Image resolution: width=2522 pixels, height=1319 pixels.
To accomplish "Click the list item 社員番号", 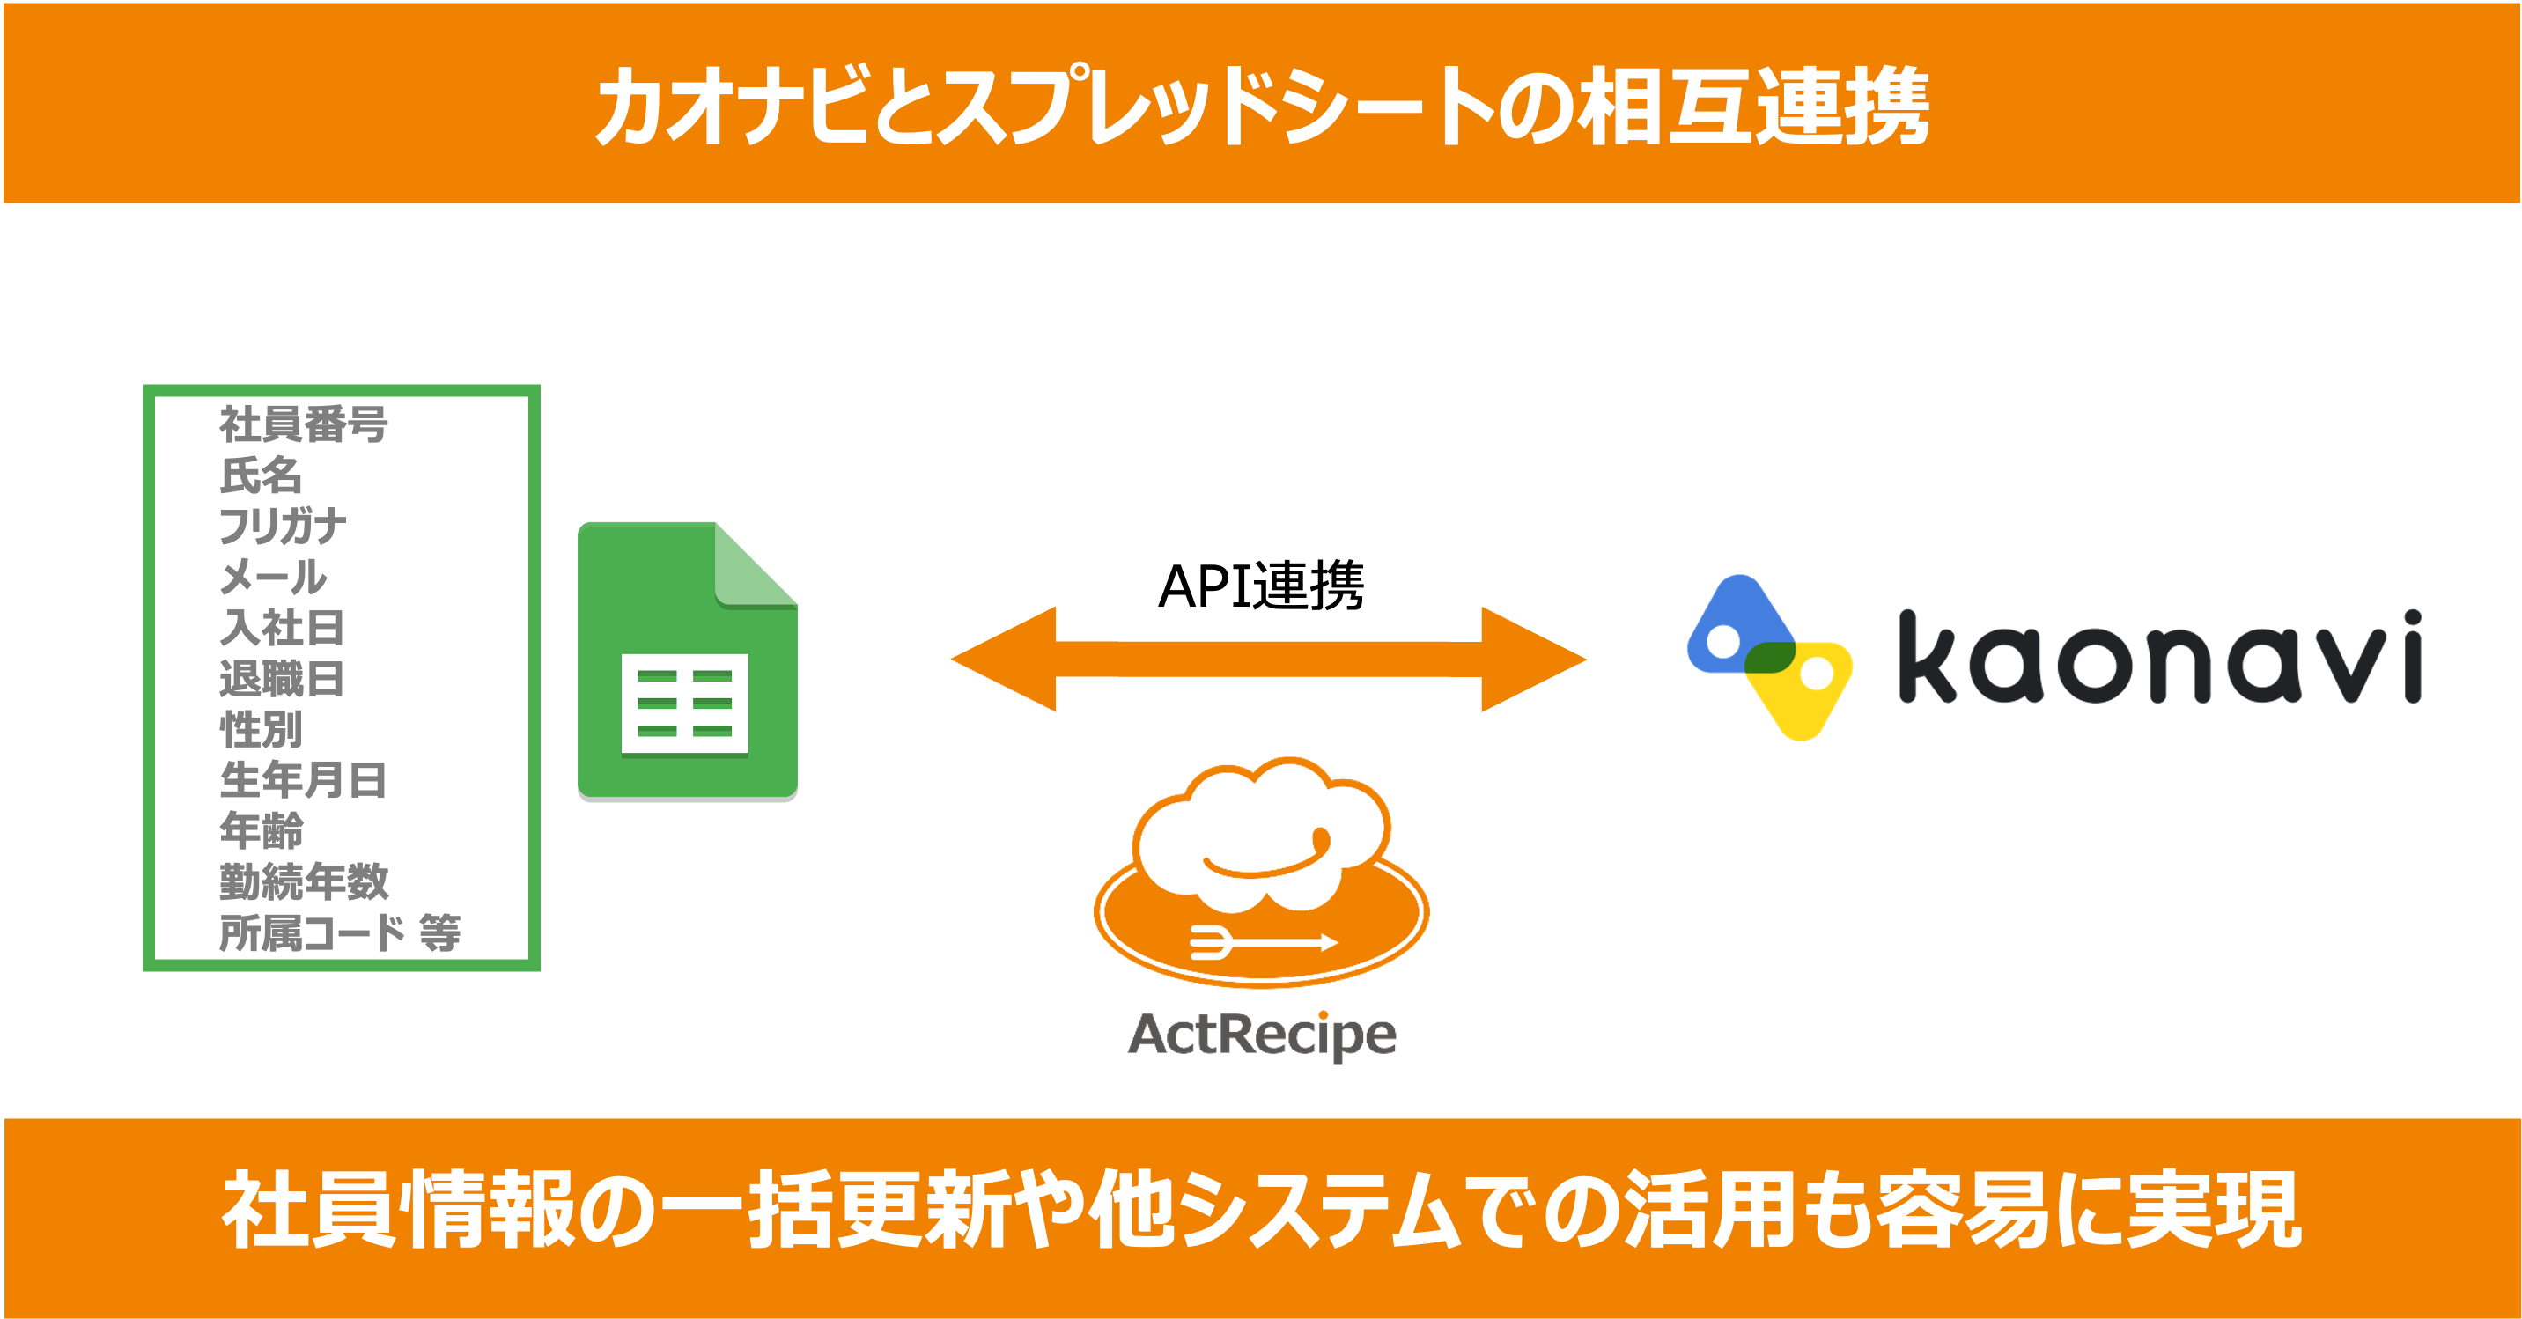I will [304, 424].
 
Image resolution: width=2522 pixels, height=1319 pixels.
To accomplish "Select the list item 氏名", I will [261, 475].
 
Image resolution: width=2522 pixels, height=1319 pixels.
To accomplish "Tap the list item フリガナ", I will [282, 526].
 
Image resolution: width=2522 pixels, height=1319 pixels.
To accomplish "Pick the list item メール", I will [273, 577].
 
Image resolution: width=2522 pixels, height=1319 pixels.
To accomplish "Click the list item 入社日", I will [282, 628].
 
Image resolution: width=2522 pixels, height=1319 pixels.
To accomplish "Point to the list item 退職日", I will [282, 679].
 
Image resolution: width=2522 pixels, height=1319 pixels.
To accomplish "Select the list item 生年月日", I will [304, 780].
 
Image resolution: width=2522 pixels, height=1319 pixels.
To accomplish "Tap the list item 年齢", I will [261, 831].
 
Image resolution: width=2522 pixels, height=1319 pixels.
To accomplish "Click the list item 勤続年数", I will [304, 882].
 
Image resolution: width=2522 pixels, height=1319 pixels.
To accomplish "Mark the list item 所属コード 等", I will [340, 933].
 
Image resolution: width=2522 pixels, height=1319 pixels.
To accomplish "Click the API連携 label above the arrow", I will [1261, 586].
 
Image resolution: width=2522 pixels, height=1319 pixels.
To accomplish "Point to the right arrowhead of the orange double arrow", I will [1531, 659].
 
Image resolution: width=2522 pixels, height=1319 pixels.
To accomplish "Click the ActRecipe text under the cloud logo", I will [1262, 1035].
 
